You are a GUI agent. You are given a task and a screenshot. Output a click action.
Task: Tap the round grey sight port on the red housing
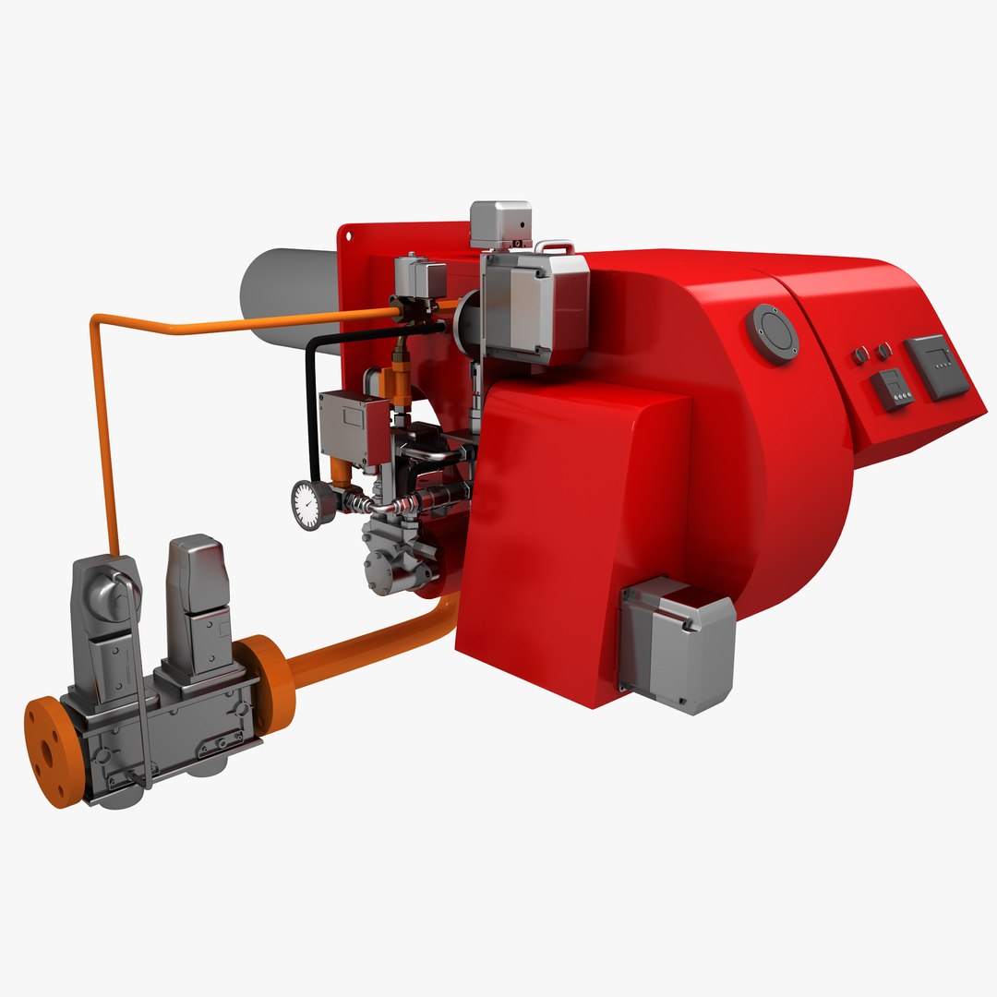[773, 332]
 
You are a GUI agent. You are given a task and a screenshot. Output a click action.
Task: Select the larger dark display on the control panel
[936, 366]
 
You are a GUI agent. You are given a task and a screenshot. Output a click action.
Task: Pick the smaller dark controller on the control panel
[892, 389]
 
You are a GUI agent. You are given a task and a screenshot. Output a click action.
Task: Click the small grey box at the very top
[500, 223]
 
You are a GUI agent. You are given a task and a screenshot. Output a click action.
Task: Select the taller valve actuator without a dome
[195, 591]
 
